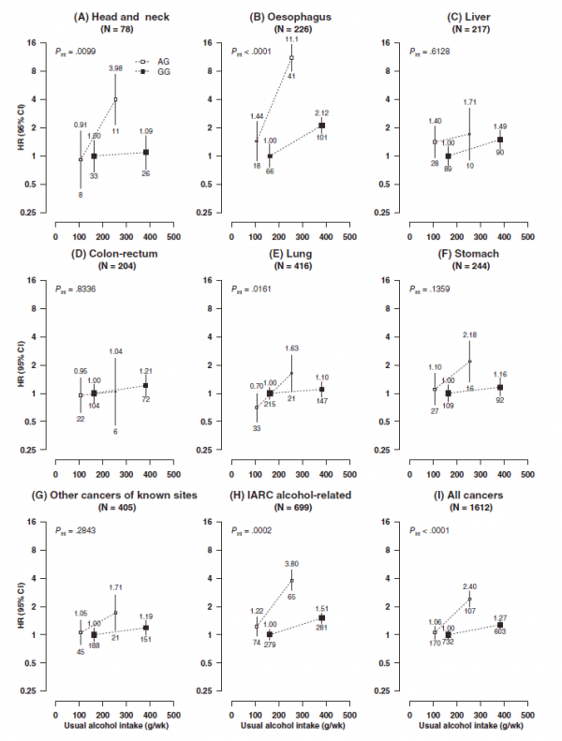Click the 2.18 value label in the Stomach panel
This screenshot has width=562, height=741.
[468, 333]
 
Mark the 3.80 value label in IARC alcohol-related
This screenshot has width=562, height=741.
[291, 564]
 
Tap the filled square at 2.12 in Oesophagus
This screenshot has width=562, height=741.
[321, 126]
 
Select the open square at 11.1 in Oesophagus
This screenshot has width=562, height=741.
[292, 58]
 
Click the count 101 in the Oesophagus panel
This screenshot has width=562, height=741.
[322, 139]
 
